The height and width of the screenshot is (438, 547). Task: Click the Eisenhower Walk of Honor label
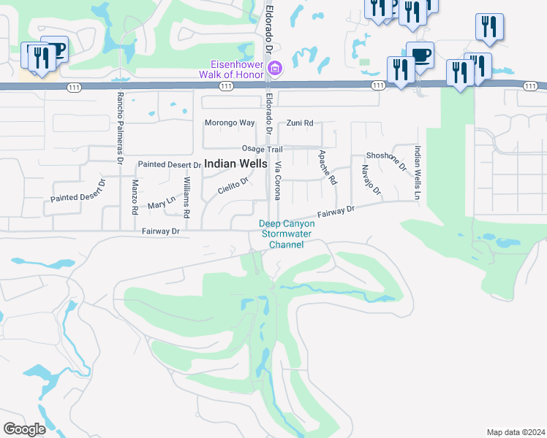233,68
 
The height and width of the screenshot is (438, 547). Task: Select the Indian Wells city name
235,164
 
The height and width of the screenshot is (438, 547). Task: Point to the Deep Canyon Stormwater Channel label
286,234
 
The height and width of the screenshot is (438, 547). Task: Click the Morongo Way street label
230,123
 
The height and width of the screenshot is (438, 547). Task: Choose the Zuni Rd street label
300,123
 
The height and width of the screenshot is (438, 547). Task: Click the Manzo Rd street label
135,197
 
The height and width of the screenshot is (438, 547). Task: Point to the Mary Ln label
162,202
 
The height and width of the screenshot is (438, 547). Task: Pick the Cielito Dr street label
233,187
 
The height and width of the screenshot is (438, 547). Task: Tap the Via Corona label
278,181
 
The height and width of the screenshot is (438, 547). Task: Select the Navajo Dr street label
371,182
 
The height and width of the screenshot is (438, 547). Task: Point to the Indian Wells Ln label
417,173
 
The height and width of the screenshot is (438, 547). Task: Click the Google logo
24,429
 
